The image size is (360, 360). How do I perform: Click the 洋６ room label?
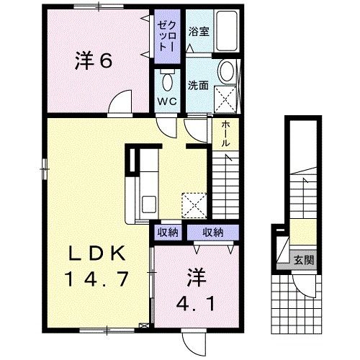tap(93, 62)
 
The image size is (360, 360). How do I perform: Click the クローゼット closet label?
tap(168, 32)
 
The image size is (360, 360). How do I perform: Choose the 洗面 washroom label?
tap(198, 85)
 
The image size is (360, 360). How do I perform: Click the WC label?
tap(168, 101)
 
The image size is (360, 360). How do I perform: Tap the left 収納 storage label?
tap(168, 232)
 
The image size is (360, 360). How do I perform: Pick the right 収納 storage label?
tap(212, 232)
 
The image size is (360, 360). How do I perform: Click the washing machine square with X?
tap(227, 96)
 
